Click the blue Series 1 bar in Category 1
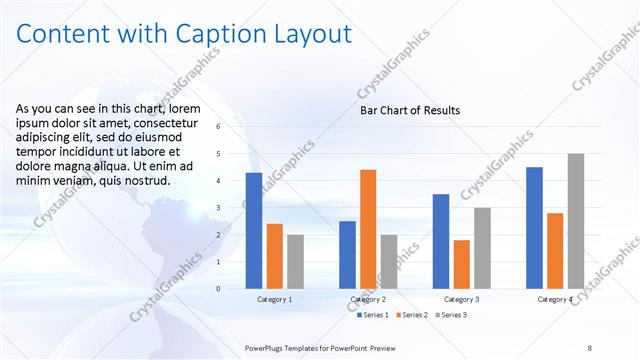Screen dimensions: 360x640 254,231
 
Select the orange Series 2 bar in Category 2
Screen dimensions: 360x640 368,229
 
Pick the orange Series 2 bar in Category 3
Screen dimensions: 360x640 461,264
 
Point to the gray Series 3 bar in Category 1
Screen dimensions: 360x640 295,262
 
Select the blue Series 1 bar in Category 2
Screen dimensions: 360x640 347,255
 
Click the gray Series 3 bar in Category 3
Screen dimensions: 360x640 482,248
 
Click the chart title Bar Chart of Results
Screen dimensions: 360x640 410,110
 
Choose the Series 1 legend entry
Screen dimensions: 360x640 375,315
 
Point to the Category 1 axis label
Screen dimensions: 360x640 275,299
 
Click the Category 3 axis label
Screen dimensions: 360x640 462,299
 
